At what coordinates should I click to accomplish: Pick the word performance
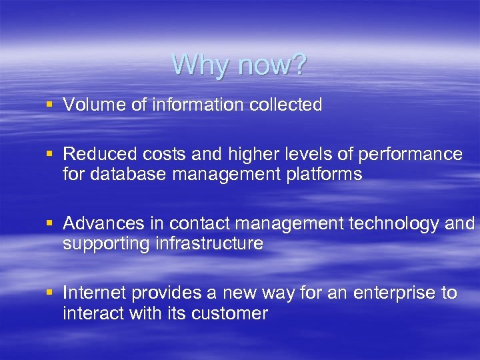pos(410,154)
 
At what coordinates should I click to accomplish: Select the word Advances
pos(97,223)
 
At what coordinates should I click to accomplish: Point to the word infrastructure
pos(209,243)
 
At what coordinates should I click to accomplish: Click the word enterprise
pos(393,293)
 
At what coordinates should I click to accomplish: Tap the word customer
pos(231,313)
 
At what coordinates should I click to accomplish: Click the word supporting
pos(107,243)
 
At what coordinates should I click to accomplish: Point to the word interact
pos(89,313)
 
